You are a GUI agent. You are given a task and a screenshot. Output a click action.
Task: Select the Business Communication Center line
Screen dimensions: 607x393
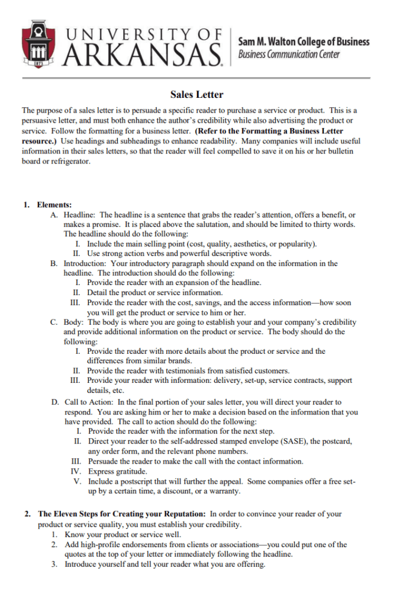(x=289, y=55)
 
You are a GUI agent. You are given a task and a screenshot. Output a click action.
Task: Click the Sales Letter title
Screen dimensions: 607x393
(x=196, y=94)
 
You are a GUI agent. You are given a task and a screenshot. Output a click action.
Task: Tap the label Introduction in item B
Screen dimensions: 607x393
(x=85, y=263)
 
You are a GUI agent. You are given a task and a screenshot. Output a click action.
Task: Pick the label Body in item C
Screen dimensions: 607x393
(x=74, y=322)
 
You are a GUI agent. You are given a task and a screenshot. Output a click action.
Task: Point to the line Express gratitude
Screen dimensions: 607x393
(x=118, y=471)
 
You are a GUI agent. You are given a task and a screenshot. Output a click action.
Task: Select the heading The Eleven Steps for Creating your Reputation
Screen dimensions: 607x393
(x=122, y=514)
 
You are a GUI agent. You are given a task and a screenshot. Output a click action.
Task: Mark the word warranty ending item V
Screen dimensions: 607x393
(x=223, y=491)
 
